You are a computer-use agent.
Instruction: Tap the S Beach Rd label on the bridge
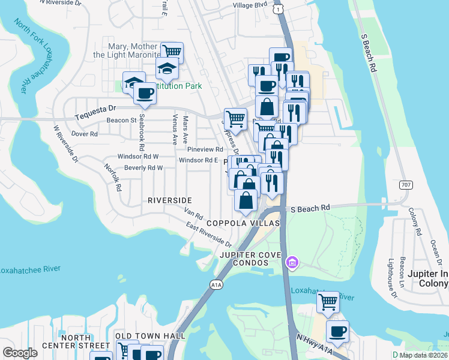tap(310, 208)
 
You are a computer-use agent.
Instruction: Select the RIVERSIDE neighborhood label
tap(170, 200)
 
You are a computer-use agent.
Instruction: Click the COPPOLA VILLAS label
tap(243, 223)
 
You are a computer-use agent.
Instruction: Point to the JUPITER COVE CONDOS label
tap(251, 256)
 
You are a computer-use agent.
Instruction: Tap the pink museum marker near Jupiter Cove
tap(292, 262)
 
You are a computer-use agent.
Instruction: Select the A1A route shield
tap(215, 284)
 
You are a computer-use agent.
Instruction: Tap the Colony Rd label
tap(413, 221)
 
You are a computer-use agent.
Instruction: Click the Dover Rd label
tap(85, 134)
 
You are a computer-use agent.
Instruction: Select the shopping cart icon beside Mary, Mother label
tap(172, 52)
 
